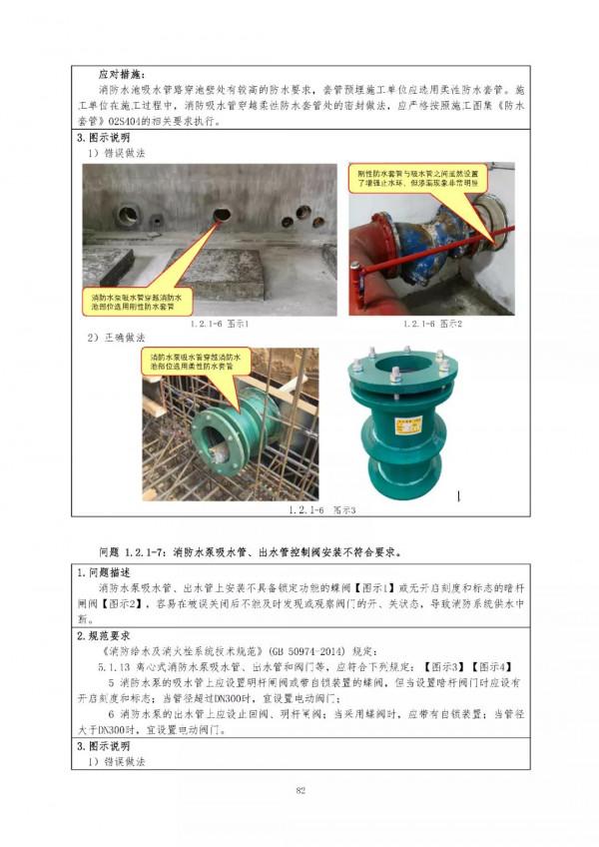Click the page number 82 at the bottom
click(x=299, y=792)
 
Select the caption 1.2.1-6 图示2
click(x=433, y=325)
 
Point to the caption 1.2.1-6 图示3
click(x=320, y=510)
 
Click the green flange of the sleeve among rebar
click(x=215, y=438)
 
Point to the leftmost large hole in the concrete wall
click(x=129, y=214)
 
